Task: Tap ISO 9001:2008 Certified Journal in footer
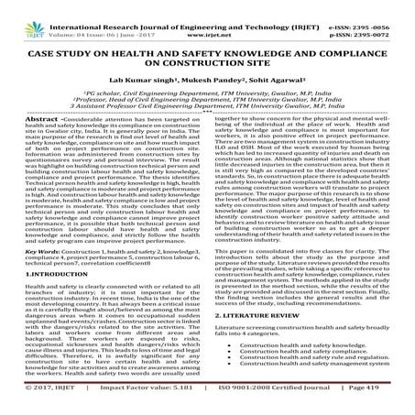259,402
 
